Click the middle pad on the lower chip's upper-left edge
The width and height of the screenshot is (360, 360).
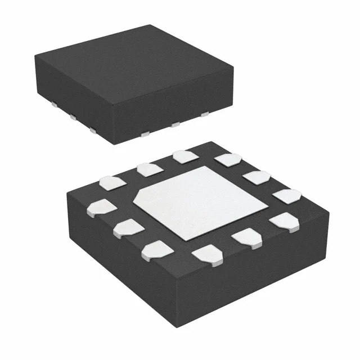point(147,168)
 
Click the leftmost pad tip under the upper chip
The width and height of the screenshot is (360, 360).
point(52,105)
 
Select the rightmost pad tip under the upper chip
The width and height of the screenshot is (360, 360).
point(206,115)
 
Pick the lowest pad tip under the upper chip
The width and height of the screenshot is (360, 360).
point(145,134)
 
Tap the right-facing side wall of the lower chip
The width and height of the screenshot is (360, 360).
point(264,270)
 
